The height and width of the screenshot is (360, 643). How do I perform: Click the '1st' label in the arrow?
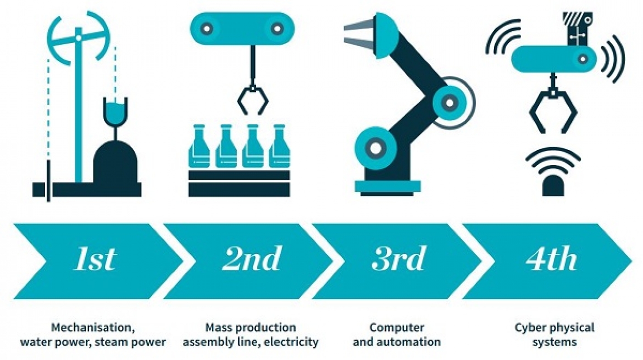click(96, 258)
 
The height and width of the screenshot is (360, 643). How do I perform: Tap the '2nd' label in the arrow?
click(252, 258)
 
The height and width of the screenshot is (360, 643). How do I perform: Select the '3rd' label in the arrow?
click(398, 258)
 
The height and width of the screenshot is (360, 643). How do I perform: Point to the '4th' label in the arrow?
click(552, 258)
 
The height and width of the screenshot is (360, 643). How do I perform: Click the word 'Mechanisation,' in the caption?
click(93, 328)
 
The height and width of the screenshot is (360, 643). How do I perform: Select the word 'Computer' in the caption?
click(397, 328)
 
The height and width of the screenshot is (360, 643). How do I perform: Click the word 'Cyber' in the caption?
click(529, 328)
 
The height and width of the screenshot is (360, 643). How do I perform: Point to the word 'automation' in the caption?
click(409, 341)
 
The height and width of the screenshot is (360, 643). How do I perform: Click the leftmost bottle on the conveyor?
click(199, 146)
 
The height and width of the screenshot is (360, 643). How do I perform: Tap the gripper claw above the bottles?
click(253, 100)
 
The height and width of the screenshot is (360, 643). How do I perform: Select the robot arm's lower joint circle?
click(375, 148)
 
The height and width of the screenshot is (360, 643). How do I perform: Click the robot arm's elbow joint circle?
click(450, 102)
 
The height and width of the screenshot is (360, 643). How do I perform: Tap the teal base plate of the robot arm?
click(387, 186)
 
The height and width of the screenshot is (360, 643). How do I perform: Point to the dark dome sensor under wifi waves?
click(553, 186)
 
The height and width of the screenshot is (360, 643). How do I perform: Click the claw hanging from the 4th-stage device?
click(553, 109)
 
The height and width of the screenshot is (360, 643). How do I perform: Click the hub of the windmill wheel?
click(79, 38)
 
